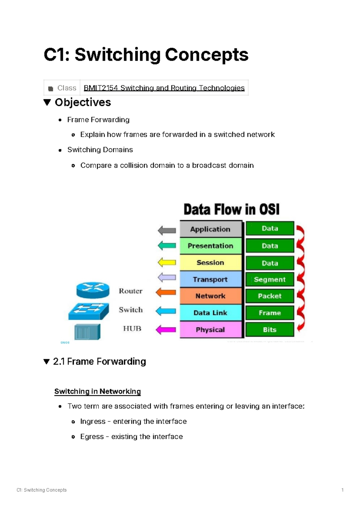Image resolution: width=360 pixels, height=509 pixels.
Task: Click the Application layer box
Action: coord(211,229)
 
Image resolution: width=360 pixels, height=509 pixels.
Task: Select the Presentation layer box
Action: coord(211,246)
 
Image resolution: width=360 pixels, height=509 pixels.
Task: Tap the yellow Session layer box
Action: coord(211,263)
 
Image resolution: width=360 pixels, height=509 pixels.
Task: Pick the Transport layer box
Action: coord(211,280)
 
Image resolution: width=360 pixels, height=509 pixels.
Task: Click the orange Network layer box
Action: coord(211,296)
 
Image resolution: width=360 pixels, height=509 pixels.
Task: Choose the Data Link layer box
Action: coord(211,313)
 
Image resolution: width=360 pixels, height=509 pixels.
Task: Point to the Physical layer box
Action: coord(211,330)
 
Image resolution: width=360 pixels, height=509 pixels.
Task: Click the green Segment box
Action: coord(270,280)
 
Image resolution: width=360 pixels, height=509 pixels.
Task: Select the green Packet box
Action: coord(270,296)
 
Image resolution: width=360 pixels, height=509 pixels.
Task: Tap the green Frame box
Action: coord(270,313)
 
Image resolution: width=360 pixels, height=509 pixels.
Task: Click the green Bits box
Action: coord(270,330)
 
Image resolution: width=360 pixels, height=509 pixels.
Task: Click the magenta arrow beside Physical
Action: coord(166,330)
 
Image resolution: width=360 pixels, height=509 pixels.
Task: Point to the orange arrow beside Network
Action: coord(166,292)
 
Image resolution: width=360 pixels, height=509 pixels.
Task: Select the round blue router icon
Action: coord(93,290)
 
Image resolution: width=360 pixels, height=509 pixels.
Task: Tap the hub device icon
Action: coord(87,332)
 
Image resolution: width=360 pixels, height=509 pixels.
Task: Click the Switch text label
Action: coord(131,310)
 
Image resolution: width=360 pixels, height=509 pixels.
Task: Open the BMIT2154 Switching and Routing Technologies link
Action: coord(164,88)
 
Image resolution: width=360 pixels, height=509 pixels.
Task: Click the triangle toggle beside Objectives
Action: coord(47,103)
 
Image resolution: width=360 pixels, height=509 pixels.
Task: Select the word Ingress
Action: coord(93,421)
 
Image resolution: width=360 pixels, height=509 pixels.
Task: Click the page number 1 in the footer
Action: coord(342,490)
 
